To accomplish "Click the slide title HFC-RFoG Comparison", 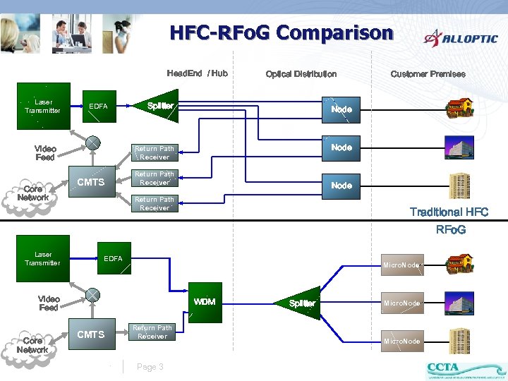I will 281,33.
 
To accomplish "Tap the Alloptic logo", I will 461,38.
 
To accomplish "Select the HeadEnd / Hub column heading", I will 197,73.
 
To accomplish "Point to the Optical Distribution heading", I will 301,74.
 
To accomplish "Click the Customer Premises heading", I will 428,74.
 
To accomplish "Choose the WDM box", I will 205,302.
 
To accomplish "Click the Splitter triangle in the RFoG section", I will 302,303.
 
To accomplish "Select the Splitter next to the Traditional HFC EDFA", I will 159,106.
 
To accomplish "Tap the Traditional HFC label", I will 449,212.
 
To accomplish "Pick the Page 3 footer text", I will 150,367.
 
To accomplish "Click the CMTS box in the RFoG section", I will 90,334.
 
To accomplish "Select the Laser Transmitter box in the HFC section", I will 43,107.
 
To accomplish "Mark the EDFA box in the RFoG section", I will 113,259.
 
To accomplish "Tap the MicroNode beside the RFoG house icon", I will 401,265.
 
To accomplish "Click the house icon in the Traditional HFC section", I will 458,109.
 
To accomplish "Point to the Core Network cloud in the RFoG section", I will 32,345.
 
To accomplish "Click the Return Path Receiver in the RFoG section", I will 152,332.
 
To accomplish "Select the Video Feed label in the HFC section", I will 45,153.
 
